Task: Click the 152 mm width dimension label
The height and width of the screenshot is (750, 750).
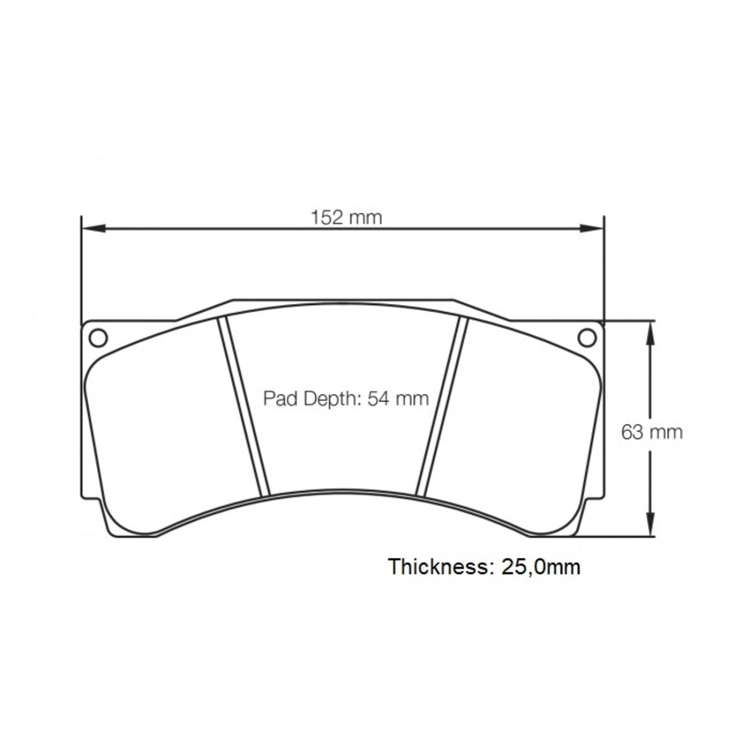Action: coord(346,217)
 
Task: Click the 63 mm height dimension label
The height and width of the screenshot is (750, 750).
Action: coord(652,432)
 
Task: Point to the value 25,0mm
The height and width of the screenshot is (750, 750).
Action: coord(541,567)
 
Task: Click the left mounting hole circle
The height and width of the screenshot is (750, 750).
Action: coord(98,338)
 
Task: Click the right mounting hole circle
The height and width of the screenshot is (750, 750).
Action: coord(587,338)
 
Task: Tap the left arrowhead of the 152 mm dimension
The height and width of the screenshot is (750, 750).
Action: coord(93,228)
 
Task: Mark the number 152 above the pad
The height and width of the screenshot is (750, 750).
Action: coord(326,217)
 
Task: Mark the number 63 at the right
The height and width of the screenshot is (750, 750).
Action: coord(633,432)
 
